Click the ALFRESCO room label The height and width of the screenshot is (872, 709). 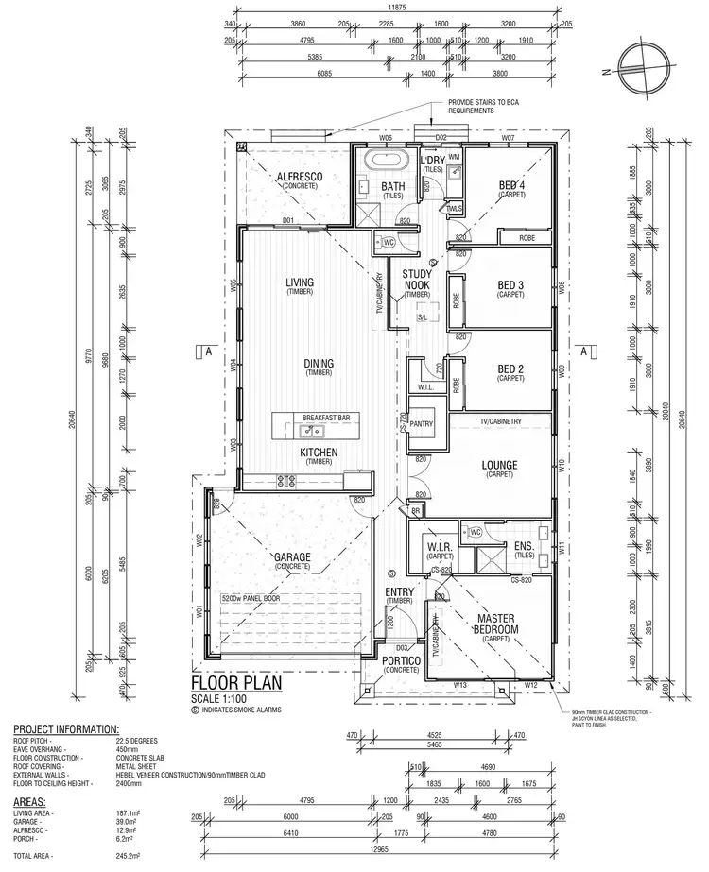click(x=301, y=177)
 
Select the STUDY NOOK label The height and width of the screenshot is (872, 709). click(x=417, y=279)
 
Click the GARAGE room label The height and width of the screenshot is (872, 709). click(x=293, y=558)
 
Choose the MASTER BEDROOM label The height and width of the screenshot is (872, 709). click(x=496, y=624)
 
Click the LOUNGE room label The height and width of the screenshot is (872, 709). click(x=497, y=465)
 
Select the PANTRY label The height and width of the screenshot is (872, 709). click(x=422, y=424)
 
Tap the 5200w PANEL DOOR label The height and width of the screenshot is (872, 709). click(x=251, y=598)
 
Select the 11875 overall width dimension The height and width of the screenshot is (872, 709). click(x=397, y=10)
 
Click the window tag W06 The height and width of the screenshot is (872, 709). click(x=386, y=138)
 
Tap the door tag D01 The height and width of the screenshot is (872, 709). click(x=288, y=221)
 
